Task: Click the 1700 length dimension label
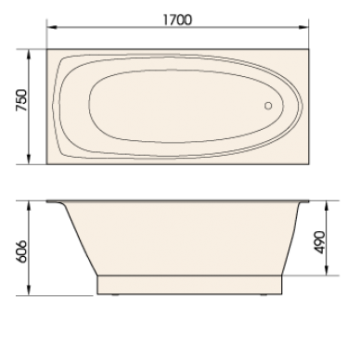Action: (177, 19)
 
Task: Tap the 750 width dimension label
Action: (22, 100)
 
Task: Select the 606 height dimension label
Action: (22, 251)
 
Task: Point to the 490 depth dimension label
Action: (320, 242)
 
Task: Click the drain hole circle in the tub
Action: (268, 106)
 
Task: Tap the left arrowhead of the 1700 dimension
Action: (52, 27)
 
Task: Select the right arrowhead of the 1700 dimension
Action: (303, 27)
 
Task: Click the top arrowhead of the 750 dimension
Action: (29, 55)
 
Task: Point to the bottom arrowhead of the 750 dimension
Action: (29, 159)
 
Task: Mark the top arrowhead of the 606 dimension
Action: (29, 206)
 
